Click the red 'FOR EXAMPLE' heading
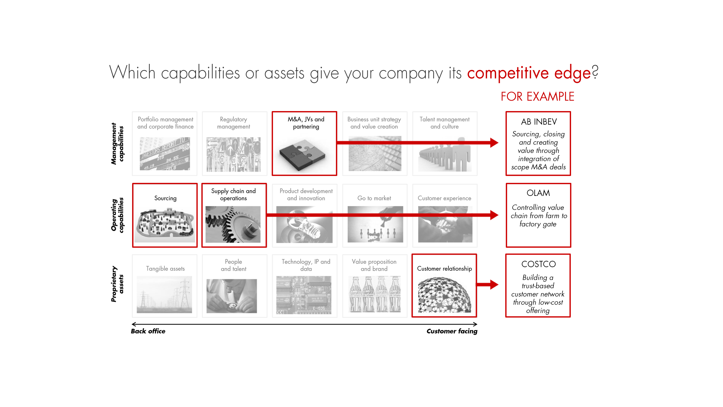click(537, 97)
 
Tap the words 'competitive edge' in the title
click(529, 73)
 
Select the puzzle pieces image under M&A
click(302, 155)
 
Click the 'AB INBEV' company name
click(539, 122)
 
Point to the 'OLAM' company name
click(538, 193)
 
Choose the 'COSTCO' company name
click(539, 264)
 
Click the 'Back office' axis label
click(148, 331)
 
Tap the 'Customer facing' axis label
click(452, 331)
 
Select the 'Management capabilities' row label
click(117, 144)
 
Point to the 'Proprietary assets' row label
click(117, 284)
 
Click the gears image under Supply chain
click(233, 224)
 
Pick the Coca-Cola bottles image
click(374, 294)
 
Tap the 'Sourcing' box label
click(165, 198)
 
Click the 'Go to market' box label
click(374, 198)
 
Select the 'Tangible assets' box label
click(165, 269)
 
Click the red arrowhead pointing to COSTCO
click(494, 284)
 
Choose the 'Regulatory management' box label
click(233, 123)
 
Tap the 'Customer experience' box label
click(444, 198)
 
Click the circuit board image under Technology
click(304, 295)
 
